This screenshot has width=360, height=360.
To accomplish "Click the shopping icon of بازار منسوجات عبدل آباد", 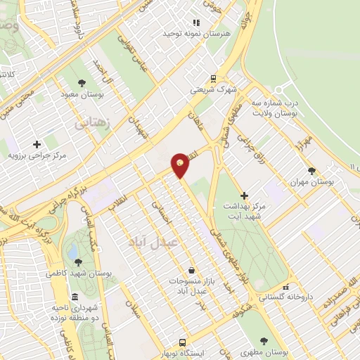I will coord(191,270).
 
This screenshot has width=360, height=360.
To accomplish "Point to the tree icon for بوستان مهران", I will coord(312,171).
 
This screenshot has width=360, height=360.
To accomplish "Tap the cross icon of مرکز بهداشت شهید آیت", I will coord(244,195).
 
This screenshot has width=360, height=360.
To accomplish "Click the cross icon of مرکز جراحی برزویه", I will coord(37,144).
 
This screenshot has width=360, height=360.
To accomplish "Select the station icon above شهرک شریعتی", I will coord(213,79).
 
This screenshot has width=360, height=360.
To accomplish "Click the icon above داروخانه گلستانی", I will coord(285,288).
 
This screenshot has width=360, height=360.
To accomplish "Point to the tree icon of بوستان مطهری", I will coord(264,340).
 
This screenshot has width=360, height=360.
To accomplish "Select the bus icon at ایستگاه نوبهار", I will coord(183,342).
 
